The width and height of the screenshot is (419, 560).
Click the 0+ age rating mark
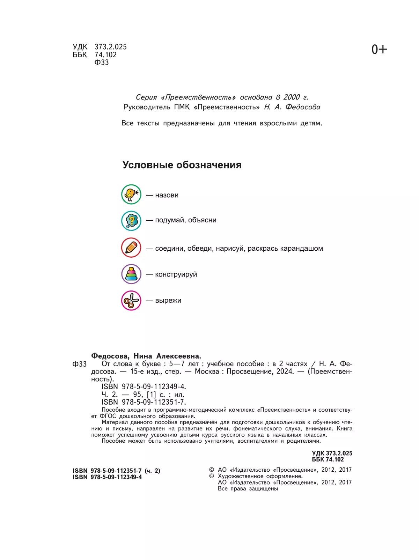pos(379,50)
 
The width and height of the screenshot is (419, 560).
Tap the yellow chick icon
pos(131,194)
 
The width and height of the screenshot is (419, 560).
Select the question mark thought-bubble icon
pos(131,221)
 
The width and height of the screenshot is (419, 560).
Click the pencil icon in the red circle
pos(131,248)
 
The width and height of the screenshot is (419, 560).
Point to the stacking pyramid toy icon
pos(131,274)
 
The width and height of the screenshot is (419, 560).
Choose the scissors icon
pos(131,300)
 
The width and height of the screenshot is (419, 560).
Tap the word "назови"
pos(167,195)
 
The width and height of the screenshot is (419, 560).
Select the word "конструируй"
pos(176,274)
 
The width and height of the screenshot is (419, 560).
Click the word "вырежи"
pos(168,301)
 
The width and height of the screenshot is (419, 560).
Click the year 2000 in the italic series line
pos(292,97)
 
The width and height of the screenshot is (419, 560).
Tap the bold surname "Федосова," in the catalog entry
pos(110,356)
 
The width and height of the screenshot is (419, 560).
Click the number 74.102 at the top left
pos(105,54)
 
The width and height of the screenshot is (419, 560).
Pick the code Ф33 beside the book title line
pos(79,364)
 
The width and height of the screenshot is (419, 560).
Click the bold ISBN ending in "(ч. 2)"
pos(116,471)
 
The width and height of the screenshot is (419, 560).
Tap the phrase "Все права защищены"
pos(248,489)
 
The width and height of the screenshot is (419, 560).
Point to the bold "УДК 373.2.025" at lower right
pos(332,453)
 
